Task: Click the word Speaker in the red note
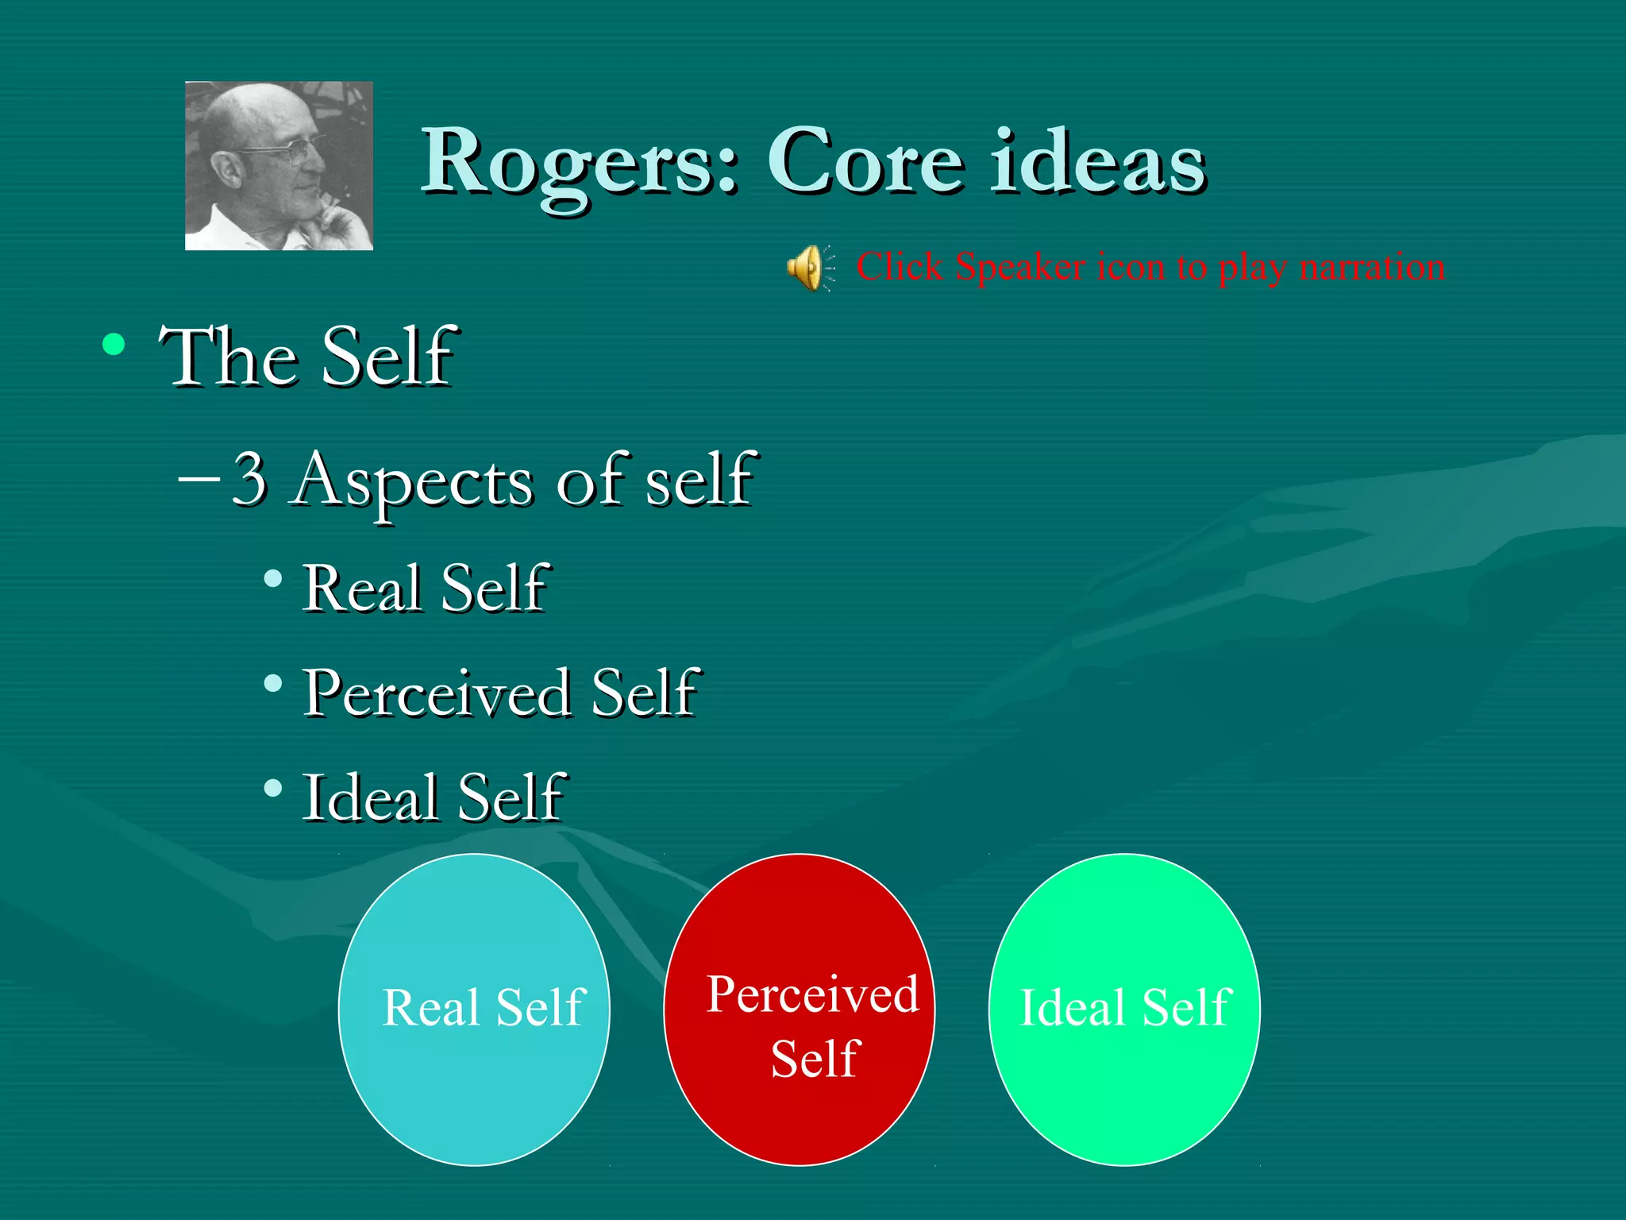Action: click(1020, 267)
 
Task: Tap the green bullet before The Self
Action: click(114, 345)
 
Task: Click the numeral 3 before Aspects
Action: click(249, 478)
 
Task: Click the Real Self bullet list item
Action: click(426, 589)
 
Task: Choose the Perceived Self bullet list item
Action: click(500, 693)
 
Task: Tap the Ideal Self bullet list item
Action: click(433, 797)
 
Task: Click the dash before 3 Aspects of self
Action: click(198, 480)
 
